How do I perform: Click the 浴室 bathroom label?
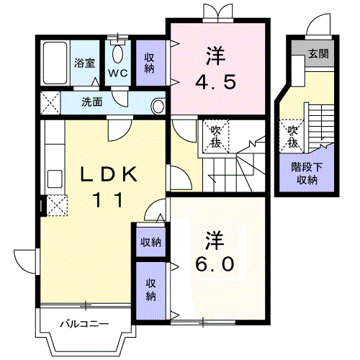coord(84,63)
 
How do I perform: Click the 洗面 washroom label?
coord(91,102)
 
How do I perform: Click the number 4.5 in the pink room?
coord(213,80)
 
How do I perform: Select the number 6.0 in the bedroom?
coord(213,264)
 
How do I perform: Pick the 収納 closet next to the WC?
coord(149,63)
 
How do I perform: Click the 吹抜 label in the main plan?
coord(214,134)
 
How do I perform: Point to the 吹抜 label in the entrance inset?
coord(292,135)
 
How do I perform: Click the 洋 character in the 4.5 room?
coord(213,54)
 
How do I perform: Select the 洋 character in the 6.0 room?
coord(213,238)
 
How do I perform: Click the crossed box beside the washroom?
coord(50,102)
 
